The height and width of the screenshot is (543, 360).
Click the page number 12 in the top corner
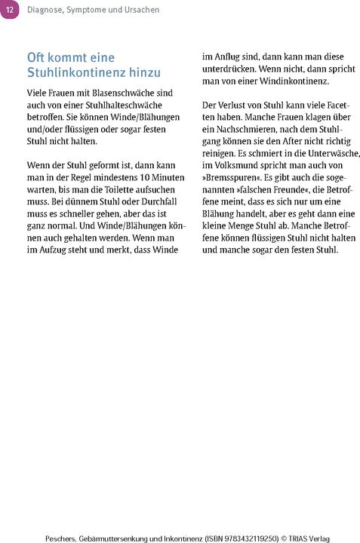point(8,8)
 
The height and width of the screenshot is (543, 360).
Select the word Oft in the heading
point(38,57)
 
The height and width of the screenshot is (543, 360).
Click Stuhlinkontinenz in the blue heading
point(73,72)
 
